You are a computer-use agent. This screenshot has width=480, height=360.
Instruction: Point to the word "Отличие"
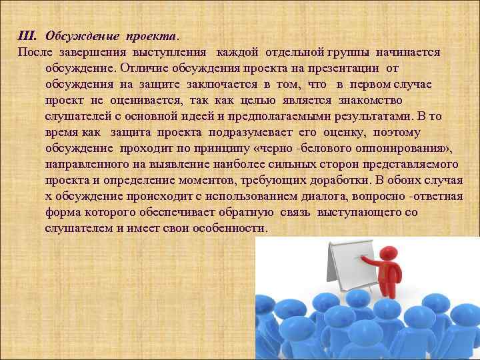143,68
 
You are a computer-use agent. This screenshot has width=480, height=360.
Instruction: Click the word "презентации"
347,68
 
